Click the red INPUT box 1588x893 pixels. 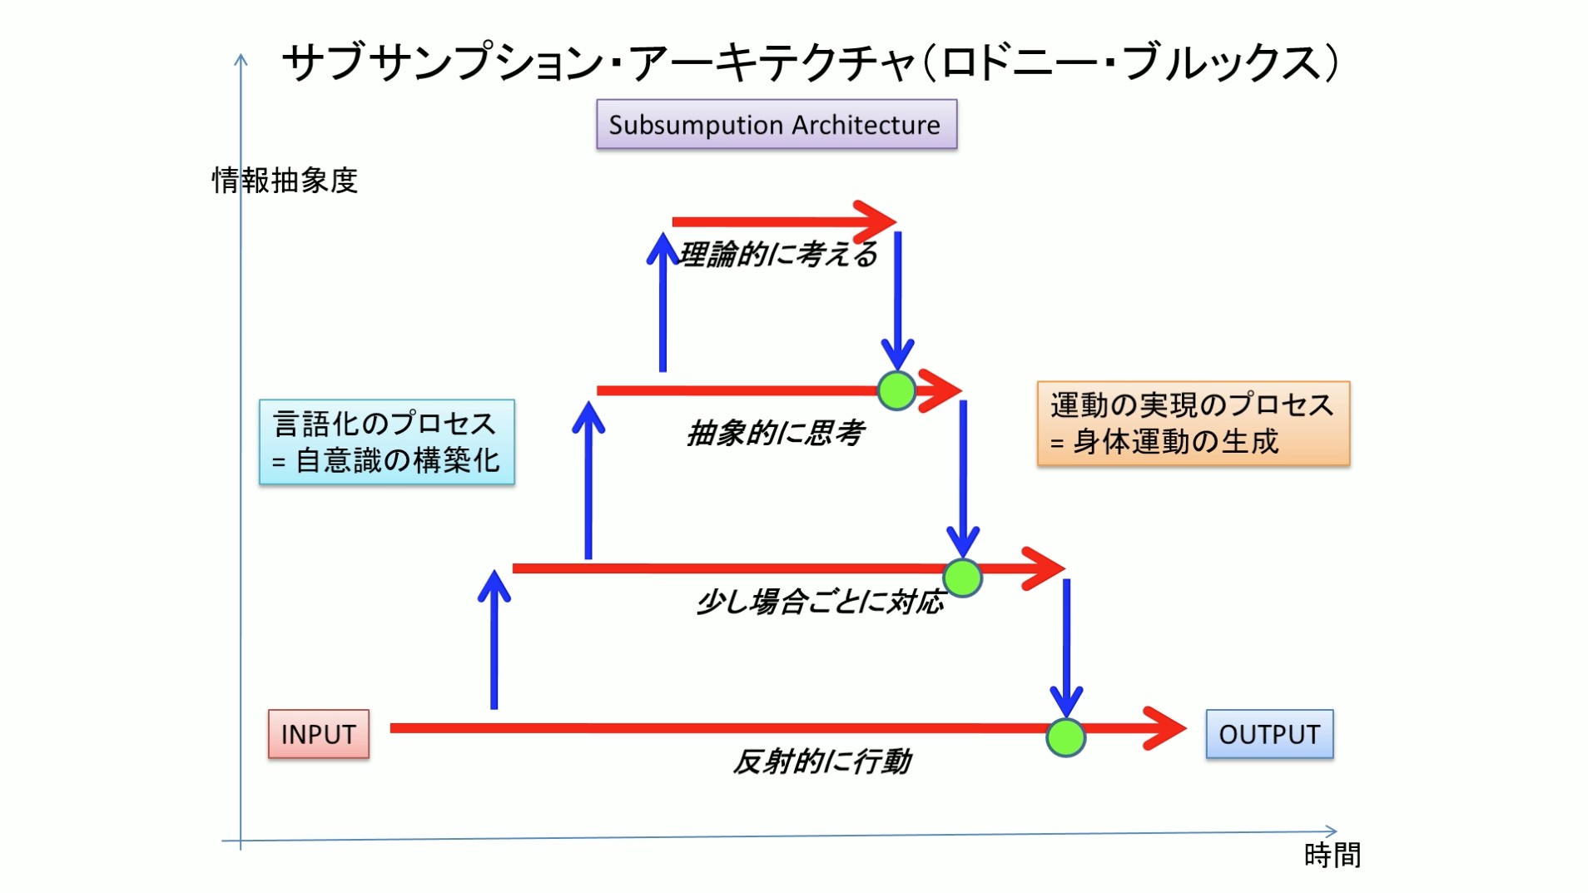pos(318,734)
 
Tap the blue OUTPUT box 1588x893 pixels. pos(1268,734)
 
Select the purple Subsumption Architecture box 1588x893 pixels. pos(776,125)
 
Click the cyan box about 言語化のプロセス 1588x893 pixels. pos(386,442)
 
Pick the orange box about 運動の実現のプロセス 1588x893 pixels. pos(1193,424)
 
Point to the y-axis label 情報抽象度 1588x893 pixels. pos(285,181)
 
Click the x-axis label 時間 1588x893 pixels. pos(1332,855)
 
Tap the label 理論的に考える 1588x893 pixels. pos(778,255)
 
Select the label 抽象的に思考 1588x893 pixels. pos(776,433)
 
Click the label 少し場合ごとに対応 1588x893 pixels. pos(821,601)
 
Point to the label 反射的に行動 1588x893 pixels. pos(822,761)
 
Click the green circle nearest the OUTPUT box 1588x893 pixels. pos(1065,737)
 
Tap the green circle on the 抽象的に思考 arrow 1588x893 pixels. pos(896,391)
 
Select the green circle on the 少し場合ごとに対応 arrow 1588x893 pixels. pos(962,578)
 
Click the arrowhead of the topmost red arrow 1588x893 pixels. pos(878,221)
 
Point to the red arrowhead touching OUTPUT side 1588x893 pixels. pos(1165,728)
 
